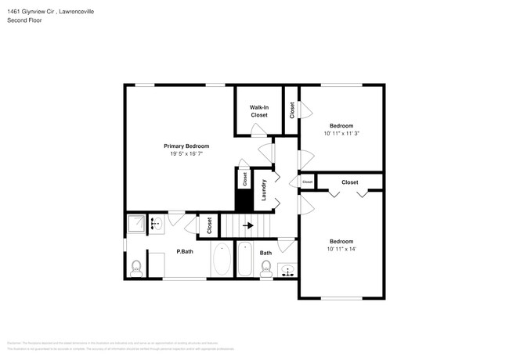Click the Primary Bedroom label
tap(186, 146)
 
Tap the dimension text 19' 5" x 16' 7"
tap(186, 153)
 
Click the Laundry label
tap(265, 190)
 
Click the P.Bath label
tap(185, 251)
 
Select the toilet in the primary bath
tap(135, 268)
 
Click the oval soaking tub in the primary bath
tap(222, 260)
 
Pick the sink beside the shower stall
tap(154, 224)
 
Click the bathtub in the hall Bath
tap(244, 261)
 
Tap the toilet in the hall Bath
tap(265, 269)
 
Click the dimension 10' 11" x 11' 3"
tap(341, 134)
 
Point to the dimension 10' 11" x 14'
tap(341, 249)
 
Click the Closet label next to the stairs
tap(210, 225)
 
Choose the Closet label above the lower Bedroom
tap(349, 182)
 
